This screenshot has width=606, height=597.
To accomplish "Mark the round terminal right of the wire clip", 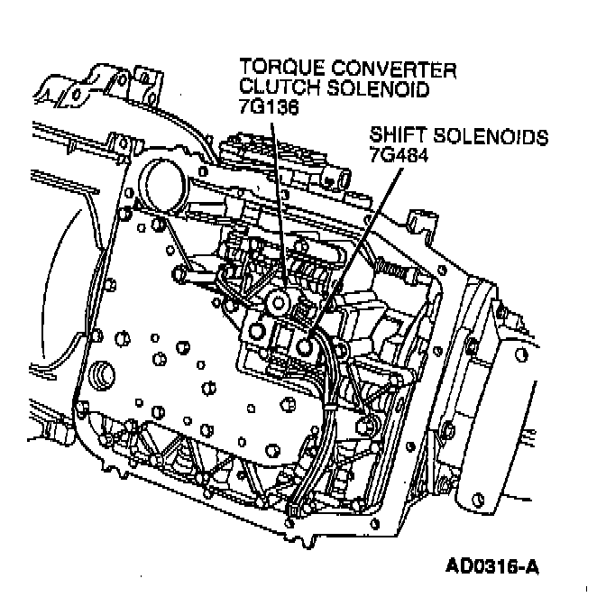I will coord(367,422).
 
